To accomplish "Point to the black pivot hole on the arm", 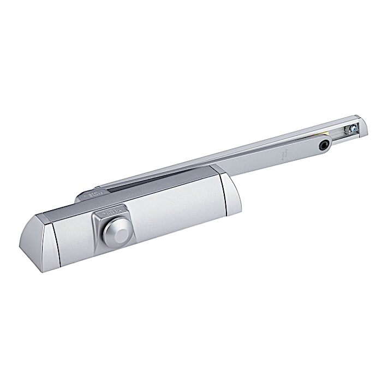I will coord(326,145).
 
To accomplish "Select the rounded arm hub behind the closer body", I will coord(87,195).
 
